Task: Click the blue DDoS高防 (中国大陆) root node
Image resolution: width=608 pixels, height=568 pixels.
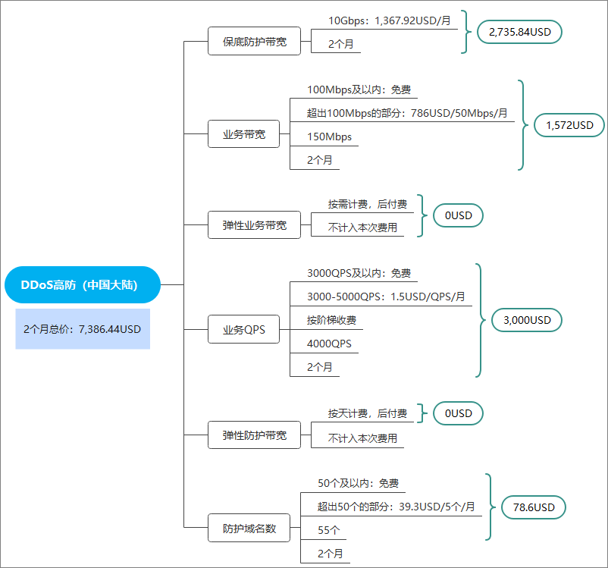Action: (x=82, y=285)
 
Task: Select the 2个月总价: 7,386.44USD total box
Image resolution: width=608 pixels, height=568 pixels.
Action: (x=83, y=329)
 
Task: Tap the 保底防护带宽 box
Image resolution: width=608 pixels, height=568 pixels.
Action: (x=255, y=41)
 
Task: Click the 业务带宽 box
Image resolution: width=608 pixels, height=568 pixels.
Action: (x=243, y=134)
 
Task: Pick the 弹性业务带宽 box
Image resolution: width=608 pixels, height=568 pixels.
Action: (x=255, y=225)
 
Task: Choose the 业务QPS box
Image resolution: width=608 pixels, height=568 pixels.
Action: (x=243, y=329)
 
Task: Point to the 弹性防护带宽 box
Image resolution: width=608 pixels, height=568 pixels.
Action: (x=255, y=435)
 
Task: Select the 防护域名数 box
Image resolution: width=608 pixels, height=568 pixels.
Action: (x=249, y=528)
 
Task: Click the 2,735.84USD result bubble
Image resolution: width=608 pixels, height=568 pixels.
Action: (x=519, y=32)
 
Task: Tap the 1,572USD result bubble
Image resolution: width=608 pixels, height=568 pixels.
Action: (x=569, y=125)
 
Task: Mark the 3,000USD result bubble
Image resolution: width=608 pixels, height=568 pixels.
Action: (x=527, y=320)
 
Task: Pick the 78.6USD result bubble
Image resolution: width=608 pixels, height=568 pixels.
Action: (x=534, y=507)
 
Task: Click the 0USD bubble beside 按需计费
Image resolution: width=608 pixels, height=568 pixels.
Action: (x=458, y=215)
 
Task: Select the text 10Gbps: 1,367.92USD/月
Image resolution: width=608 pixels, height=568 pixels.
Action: (x=390, y=20)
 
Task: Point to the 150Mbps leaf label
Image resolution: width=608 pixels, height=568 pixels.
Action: (x=329, y=137)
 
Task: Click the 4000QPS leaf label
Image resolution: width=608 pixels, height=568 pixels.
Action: (x=329, y=344)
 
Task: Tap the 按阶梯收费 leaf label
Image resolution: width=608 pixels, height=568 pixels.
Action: (x=331, y=320)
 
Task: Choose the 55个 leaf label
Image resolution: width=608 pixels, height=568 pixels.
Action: (x=329, y=530)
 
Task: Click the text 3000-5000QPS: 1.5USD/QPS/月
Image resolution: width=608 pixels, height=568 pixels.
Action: (x=386, y=297)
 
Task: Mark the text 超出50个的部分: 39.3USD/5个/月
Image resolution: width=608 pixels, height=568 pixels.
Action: (x=396, y=507)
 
